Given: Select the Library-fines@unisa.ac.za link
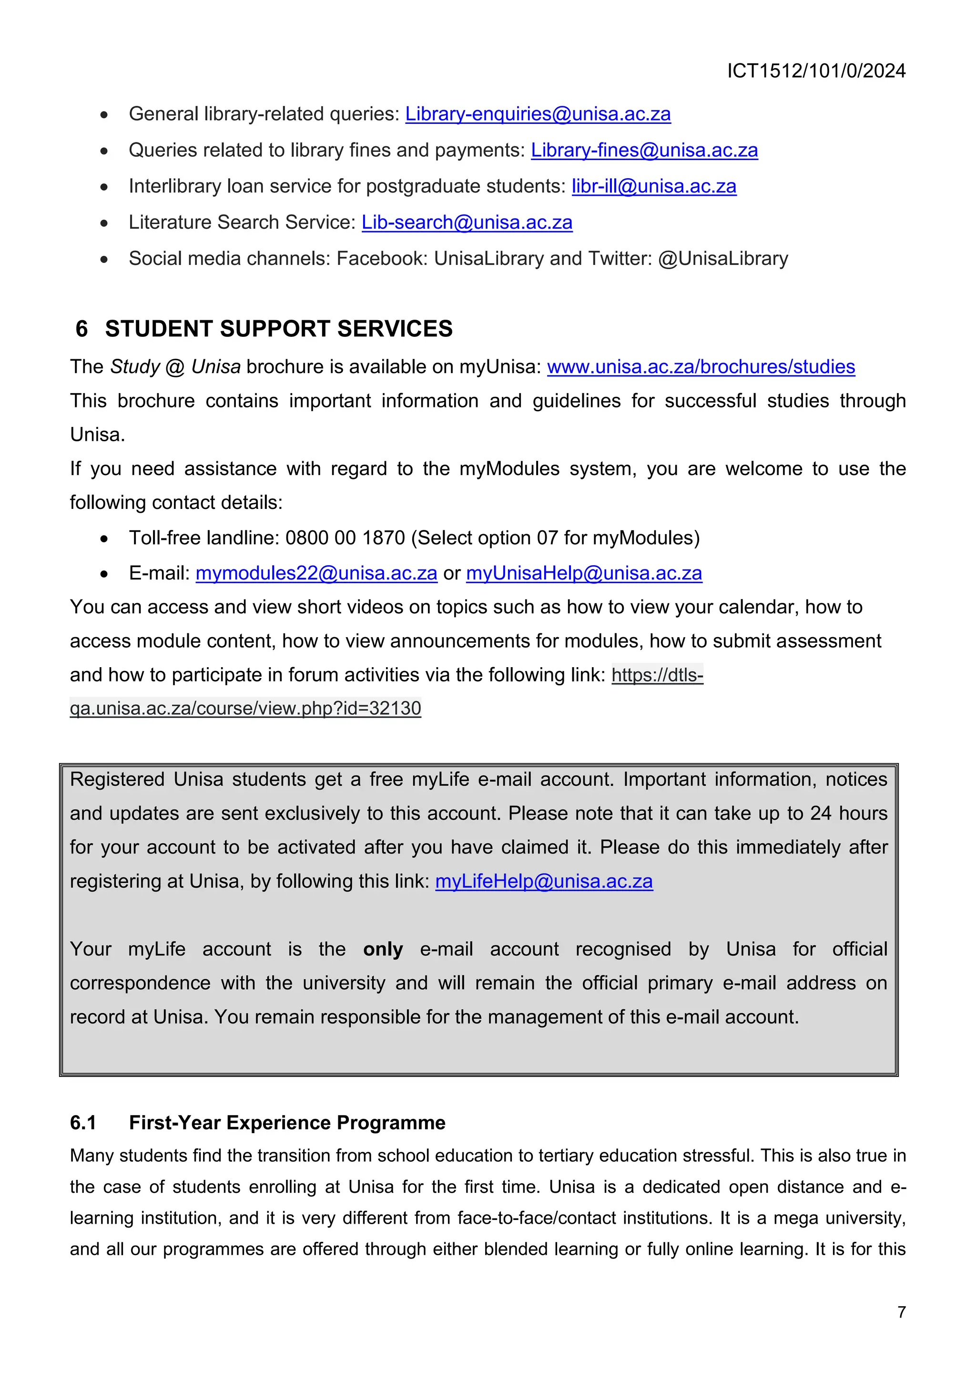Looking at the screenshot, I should click(644, 150).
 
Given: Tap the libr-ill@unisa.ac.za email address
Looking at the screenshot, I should click(653, 186).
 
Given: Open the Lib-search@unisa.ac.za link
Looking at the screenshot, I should click(467, 223).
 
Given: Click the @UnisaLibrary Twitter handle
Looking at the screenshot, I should click(722, 258).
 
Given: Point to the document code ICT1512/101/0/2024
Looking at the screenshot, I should click(815, 71).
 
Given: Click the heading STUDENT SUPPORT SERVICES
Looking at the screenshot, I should click(278, 329).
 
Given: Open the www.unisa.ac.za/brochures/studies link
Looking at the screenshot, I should click(700, 366).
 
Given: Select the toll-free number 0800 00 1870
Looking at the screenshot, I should click(345, 538).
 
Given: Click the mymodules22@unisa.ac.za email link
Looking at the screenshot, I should click(316, 573).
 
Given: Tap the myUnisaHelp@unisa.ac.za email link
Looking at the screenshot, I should click(584, 573).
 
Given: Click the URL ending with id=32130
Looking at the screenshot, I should click(245, 708).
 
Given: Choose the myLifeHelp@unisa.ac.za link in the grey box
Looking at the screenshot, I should click(543, 881).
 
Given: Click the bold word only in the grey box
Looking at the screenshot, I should click(383, 949).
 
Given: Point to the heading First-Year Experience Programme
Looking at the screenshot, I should click(287, 1123).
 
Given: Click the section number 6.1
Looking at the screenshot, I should click(83, 1123).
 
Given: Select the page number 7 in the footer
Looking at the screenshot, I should click(901, 1312).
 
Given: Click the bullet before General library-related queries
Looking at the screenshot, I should click(104, 115).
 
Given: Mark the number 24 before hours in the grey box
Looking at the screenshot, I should click(820, 813).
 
